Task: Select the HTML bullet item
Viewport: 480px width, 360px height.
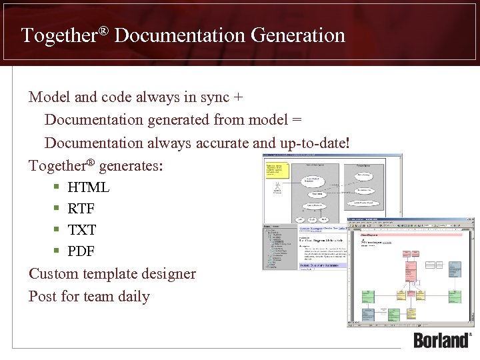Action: coord(88,187)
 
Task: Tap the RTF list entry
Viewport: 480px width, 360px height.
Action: coord(81,209)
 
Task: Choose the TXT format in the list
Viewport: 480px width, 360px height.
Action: coord(82,230)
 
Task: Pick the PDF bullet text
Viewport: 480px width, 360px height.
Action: coord(81,251)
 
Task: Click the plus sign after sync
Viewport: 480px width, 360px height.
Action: coord(238,97)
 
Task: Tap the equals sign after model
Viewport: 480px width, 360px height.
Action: coord(297,120)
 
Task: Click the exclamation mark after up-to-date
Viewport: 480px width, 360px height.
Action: coord(348,143)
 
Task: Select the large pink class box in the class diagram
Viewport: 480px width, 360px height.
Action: coord(409,271)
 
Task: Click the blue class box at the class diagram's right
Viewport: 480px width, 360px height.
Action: coord(455,268)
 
